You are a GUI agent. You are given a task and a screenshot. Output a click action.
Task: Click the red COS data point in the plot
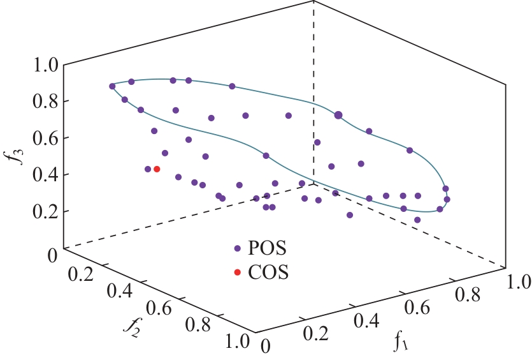coord(157,169)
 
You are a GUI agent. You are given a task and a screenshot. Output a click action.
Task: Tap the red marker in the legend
coord(237,273)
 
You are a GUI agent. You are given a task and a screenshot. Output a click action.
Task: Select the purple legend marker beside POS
coord(237,248)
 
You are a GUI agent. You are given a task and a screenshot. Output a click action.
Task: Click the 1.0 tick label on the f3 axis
coord(43,64)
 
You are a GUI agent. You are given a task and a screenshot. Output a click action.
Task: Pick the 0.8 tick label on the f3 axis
coord(43,101)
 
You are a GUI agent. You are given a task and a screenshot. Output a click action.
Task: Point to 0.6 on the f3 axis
coord(43,138)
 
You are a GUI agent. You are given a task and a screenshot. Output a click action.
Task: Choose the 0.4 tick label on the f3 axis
coord(43,174)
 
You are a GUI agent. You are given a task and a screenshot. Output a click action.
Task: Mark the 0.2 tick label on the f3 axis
coord(43,211)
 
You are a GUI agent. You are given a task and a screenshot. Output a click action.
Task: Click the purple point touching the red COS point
coord(148,169)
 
